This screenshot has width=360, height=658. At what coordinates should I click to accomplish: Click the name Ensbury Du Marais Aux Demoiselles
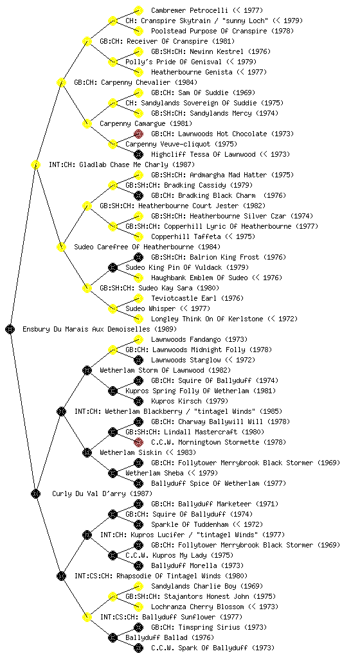pyautogui.click(x=100, y=329)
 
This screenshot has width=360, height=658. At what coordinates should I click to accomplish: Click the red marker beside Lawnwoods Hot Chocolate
pyautogui.click(x=138, y=134)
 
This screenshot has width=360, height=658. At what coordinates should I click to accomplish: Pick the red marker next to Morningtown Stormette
pyautogui.click(x=138, y=442)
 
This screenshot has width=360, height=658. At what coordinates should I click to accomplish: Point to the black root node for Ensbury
pyautogui.click(x=10, y=329)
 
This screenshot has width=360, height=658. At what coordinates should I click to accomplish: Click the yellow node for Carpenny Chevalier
pyautogui.click(x=61, y=82)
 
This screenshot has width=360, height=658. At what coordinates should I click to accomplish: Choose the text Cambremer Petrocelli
pyautogui.click(x=189, y=10)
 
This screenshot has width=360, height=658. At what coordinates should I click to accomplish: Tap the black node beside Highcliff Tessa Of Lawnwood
pyautogui.click(x=138, y=154)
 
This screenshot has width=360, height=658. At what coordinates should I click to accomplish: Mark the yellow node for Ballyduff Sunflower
pyautogui.click(x=87, y=617)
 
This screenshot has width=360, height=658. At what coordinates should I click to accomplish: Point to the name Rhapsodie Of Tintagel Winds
pyautogui.click(x=161, y=576)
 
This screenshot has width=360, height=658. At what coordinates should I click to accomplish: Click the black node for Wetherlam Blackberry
pyautogui.click(x=61, y=411)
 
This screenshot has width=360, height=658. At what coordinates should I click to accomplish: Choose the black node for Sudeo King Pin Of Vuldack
pyautogui.click(x=113, y=267)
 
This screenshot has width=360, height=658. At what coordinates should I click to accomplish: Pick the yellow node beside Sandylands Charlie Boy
pyautogui.click(x=138, y=586)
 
